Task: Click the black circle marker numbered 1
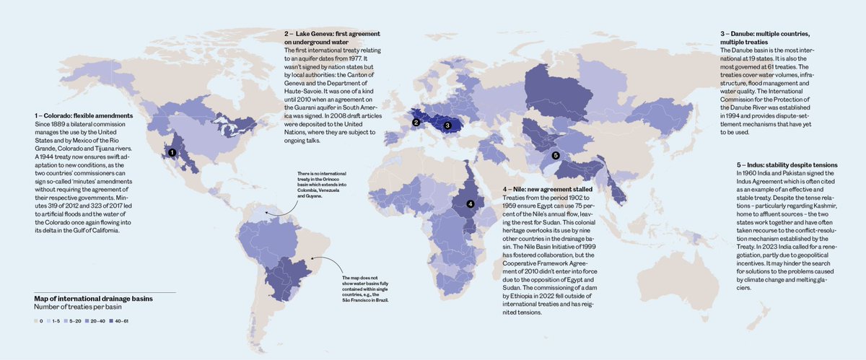coord(171,153)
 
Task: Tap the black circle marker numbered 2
coord(416,123)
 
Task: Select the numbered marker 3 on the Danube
coord(447,125)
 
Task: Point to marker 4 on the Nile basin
coord(470,203)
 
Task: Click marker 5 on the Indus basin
coord(555,155)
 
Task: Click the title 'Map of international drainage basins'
coord(93,297)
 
